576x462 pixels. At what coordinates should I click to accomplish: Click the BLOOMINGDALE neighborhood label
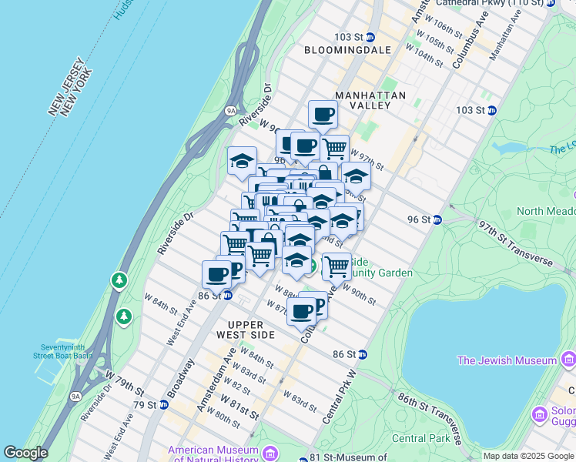(x=347, y=50)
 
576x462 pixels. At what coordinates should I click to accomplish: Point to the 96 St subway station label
(x=420, y=219)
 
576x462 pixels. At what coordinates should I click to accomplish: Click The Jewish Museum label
(x=507, y=360)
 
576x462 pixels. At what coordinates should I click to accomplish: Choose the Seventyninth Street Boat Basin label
(x=62, y=350)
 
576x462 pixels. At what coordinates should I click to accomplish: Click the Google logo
(x=25, y=453)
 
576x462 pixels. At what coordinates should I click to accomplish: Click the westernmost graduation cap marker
(x=242, y=162)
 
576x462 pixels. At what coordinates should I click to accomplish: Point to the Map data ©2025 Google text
(x=527, y=456)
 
